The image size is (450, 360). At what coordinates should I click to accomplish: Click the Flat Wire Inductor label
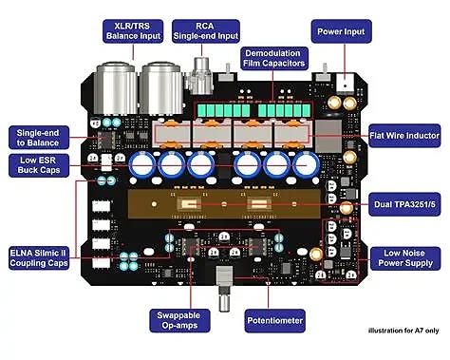402,135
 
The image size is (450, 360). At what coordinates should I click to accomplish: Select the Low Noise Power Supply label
401,259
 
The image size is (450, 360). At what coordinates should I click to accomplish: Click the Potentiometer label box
275,322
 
